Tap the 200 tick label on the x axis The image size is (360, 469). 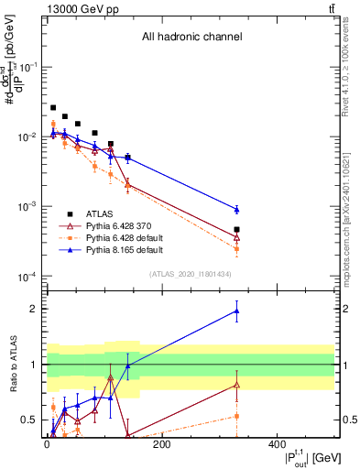[x=162, y=444]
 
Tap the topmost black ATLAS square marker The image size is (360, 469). [x=53, y=107]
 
